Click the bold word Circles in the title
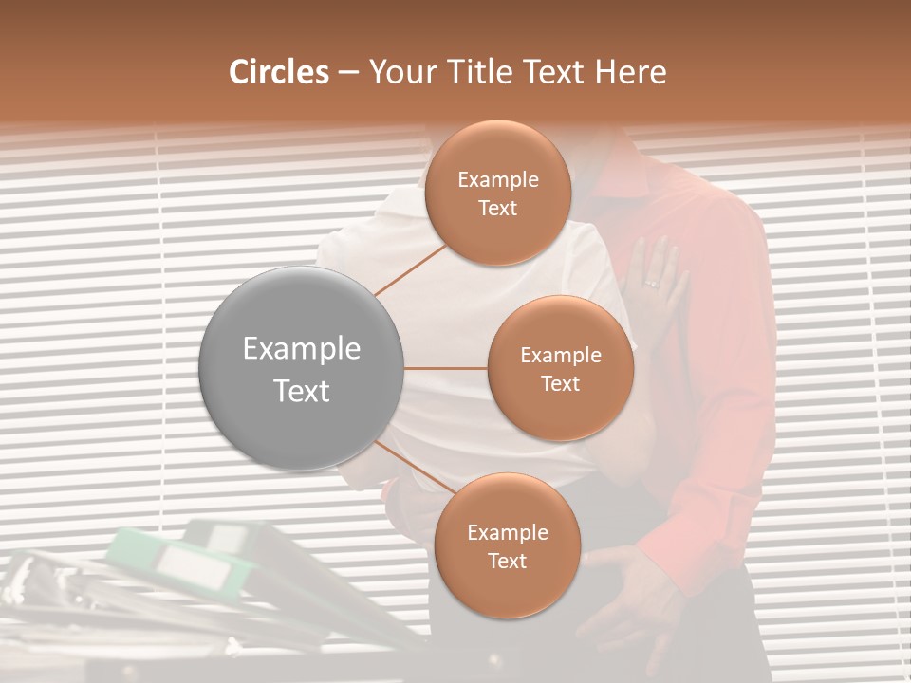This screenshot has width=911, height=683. pyautogui.click(x=279, y=72)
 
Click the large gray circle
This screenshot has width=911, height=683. pyautogui.click(x=301, y=369)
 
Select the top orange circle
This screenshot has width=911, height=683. pyautogui.click(x=497, y=193)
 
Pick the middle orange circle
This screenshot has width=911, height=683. pyautogui.click(x=560, y=368)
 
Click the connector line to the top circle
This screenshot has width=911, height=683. pyautogui.click(x=410, y=270)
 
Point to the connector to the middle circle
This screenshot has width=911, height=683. pyautogui.click(x=446, y=368)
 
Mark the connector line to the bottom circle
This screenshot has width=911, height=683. pyautogui.click(x=413, y=468)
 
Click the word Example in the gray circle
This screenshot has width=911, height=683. pyautogui.click(x=301, y=349)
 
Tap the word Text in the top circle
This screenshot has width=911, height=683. pyautogui.click(x=497, y=208)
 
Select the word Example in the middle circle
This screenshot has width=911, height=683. pyautogui.click(x=560, y=356)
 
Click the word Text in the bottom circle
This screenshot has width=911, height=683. pyautogui.click(x=507, y=561)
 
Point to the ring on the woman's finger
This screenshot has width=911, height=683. pyautogui.click(x=651, y=283)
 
